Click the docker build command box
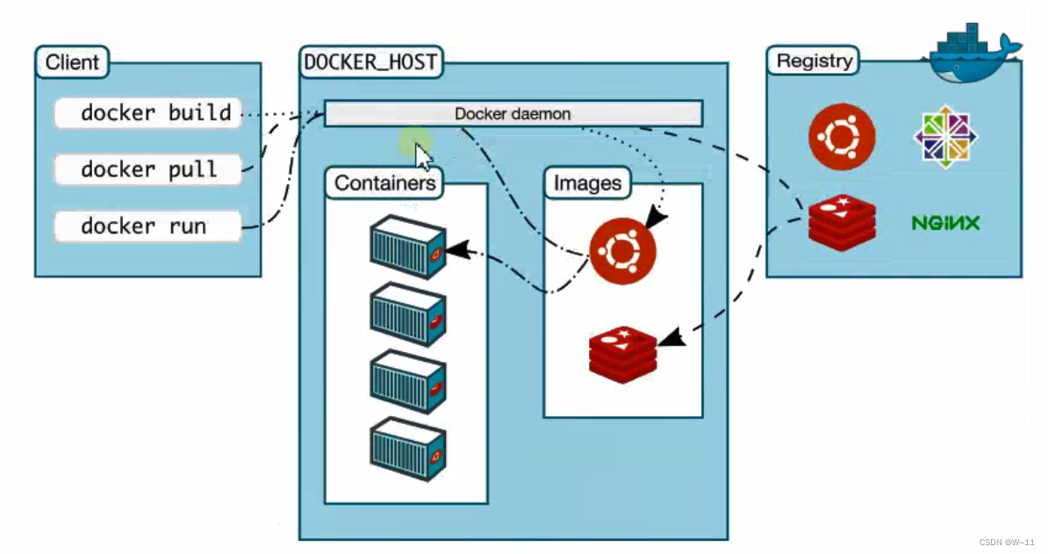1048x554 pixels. pos(147,113)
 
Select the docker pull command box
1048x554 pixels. pos(147,169)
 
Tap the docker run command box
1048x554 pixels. pos(147,227)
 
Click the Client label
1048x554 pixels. pos(72,63)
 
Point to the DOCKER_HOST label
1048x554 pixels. pos(370,62)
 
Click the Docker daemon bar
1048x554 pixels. pos(513,114)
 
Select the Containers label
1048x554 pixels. pos(385,183)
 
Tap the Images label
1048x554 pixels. pos(587,183)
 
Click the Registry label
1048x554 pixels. pos(814,61)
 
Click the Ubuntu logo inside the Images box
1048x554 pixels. pos(622,252)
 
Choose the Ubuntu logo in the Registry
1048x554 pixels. pos(842,137)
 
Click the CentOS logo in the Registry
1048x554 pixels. pos(946,137)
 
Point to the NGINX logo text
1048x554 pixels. pos(945,223)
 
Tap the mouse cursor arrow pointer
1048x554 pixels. pos(423,158)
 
